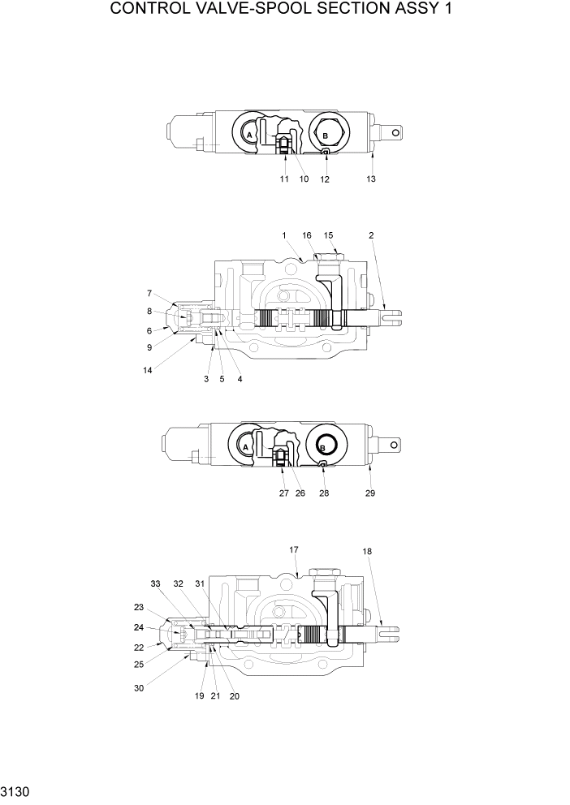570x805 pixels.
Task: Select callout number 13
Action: pyautogui.click(x=371, y=179)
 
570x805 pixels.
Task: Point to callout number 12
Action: pyautogui.click(x=325, y=179)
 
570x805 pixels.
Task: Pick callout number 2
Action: pyautogui.click(x=371, y=235)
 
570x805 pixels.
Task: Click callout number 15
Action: pyautogui.click(x=329, y=235)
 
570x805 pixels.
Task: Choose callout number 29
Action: pyautogui.click(x=371, y=492)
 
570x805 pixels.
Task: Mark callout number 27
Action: pyautogui.click(x=283, y=492)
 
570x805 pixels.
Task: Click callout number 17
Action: pyautogui.click(x=294, y=549)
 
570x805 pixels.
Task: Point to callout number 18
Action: pyautogui.click(x=367, y=551)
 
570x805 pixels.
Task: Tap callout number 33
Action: pyautogui.click(x=156, y=583)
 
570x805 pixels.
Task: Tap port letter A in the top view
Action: pyautogui.click(x=250, y=133)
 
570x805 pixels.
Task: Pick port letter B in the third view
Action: pyautogui.click(x=323, y=447)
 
